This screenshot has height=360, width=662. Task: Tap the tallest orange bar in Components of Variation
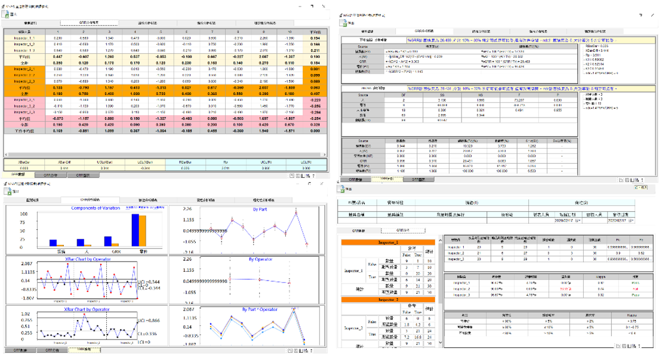point(143,230)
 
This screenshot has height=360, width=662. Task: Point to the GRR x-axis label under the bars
point(109,252)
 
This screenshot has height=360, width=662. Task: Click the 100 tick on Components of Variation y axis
point(24,214)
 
